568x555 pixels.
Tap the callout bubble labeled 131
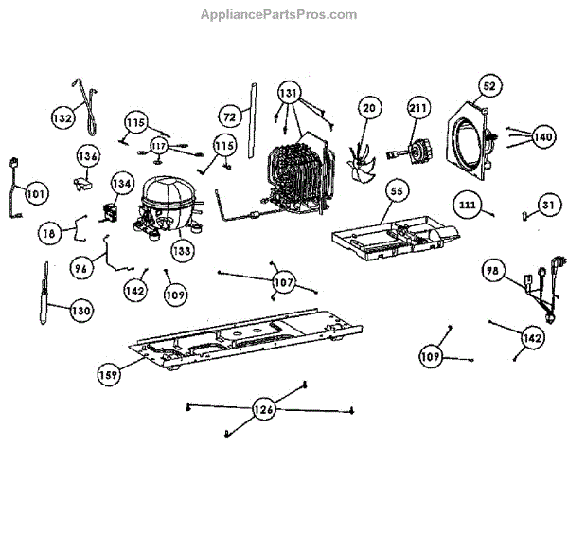point(289,94)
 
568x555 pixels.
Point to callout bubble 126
point(265,410)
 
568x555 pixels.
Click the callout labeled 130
point(81,310)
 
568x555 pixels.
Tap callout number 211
point(417,108)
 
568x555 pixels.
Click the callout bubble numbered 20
point(369,109)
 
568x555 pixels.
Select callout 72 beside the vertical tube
point(229,116)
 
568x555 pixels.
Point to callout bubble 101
point(34,194)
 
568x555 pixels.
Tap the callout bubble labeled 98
point(491,271)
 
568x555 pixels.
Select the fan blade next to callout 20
point(360,154)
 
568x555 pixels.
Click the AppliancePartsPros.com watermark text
point(278,14)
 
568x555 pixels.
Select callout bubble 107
point(284,282)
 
